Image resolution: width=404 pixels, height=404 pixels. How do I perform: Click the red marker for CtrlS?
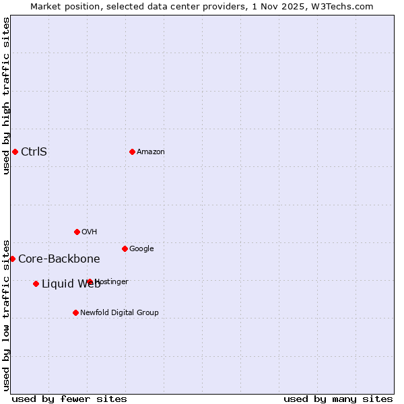coord(15,151)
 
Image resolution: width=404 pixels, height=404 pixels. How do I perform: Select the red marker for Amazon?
coord(132,151)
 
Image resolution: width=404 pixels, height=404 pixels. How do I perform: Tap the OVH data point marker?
coord(77,232)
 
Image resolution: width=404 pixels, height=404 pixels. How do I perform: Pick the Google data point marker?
coord(125,248)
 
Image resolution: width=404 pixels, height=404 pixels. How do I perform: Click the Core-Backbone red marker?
coord(12,259)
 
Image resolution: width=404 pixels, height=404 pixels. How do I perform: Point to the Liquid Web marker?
coord(36,283)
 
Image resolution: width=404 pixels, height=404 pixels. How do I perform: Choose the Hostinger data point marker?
coord(90,281)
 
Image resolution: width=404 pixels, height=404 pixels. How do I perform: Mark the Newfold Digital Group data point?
coord(75,312)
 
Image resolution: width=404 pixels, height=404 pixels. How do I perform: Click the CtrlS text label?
coord(34,151)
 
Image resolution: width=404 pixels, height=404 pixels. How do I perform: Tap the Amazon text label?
coord(150,151)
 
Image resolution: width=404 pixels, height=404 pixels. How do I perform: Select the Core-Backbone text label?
coord(59,259)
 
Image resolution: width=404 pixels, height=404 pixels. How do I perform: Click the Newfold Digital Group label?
coord(119,312)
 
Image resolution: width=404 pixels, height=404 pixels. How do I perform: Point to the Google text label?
coord(141,248)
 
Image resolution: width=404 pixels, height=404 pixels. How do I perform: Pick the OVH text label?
coord(89,232)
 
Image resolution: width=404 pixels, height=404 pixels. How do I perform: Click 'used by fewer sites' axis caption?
coord(69,399)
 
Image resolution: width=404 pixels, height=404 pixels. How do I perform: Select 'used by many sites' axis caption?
coord(338,399)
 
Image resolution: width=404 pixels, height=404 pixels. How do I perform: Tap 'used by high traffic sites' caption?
coord(6,96)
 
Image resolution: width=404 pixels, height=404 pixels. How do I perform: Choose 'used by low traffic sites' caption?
coord(6,314)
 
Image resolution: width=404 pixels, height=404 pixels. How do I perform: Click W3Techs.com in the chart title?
coord(345,6)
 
